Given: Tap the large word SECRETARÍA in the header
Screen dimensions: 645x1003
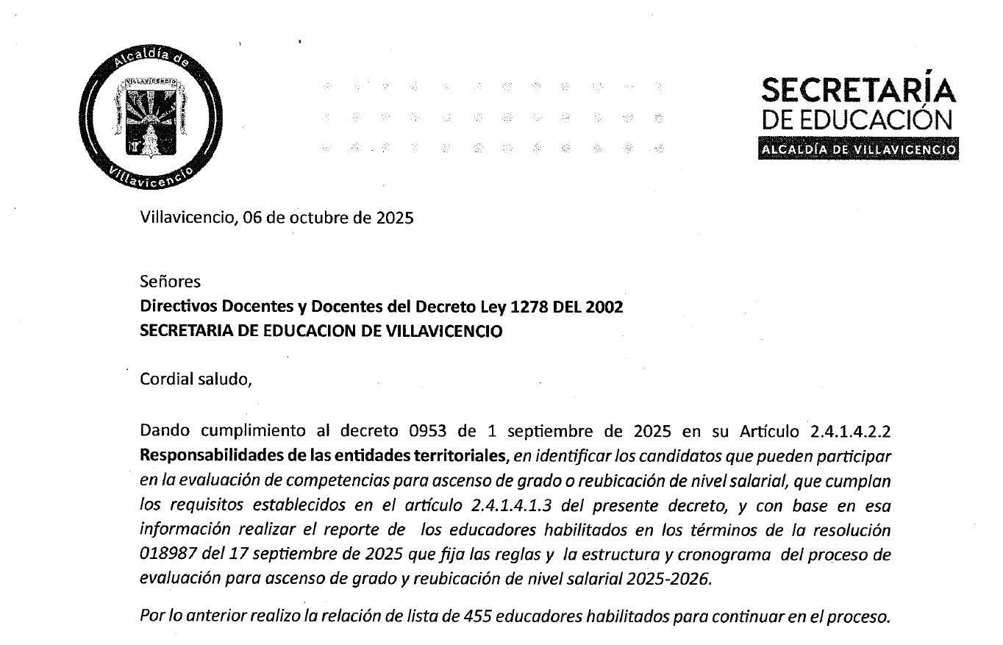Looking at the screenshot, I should [859, 91].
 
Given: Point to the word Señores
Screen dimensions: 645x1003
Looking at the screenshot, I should [170, 282].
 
